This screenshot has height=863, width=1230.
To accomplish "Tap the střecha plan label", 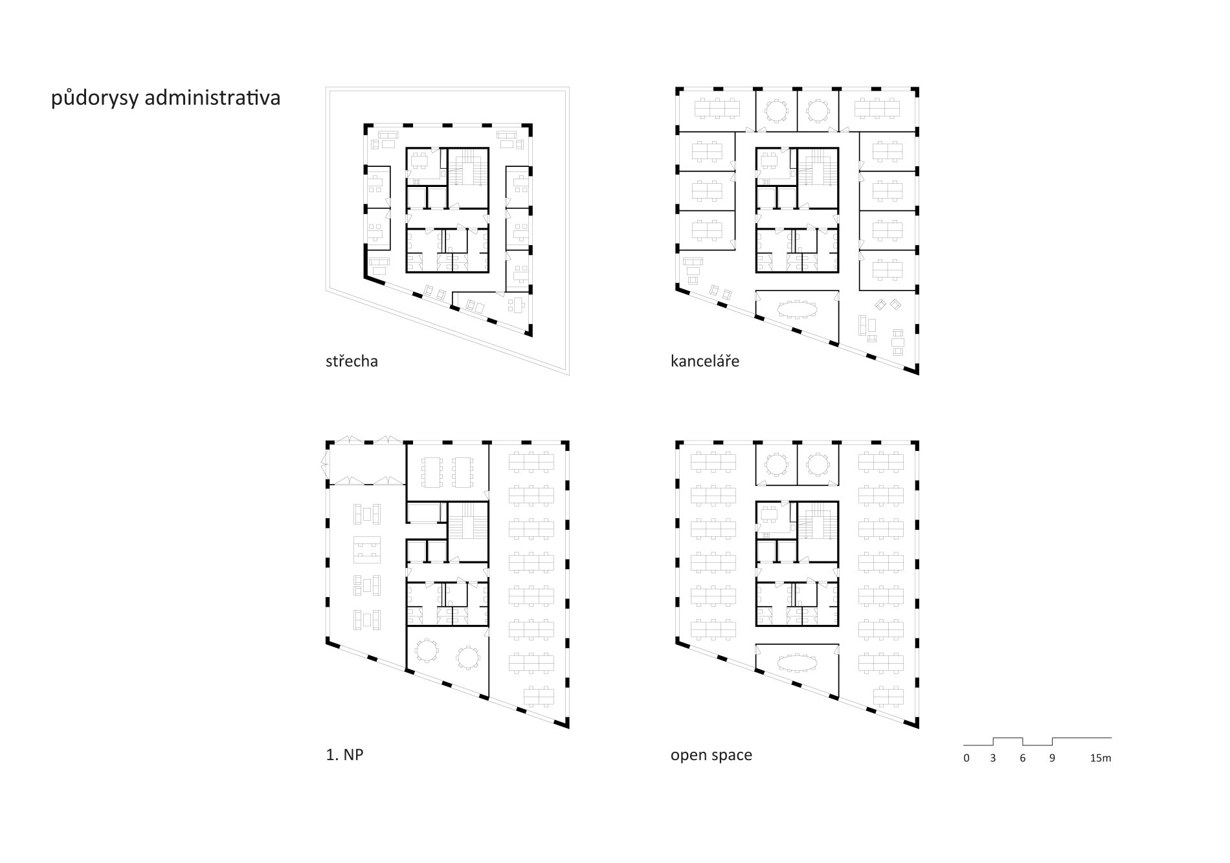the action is [352, 360].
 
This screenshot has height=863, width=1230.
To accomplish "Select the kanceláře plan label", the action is [705, 360].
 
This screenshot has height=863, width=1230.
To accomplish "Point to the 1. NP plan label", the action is [345, 754].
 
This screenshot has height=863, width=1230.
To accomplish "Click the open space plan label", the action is [711, 756].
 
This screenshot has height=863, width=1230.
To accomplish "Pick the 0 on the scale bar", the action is [967, 758].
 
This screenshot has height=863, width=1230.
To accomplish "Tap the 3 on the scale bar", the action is [993, 758].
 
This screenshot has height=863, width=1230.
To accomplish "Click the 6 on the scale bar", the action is [1023, 758].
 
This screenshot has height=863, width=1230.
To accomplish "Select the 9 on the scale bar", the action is [1052, 758].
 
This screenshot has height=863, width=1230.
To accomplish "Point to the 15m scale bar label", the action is [1101, 758].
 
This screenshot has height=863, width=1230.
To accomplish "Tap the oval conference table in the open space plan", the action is [798, 662].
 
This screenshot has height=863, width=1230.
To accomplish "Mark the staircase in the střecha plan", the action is [467, 168].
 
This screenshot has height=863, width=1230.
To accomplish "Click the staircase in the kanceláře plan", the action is [816, 168].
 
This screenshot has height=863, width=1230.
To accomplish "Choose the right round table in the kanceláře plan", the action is [818, 111].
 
